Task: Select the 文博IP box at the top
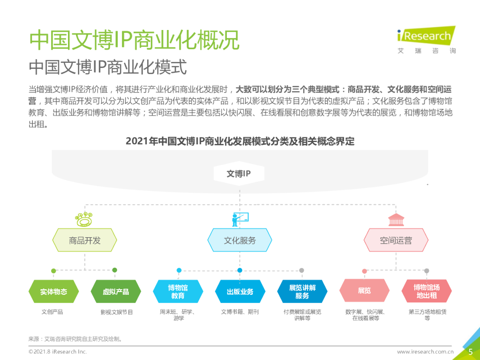coord(239,174)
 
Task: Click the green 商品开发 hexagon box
coord(85,241)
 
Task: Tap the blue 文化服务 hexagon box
coord(240,241)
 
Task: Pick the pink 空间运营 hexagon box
coord(396,241)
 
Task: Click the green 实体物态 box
coord(53,292)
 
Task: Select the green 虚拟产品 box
coord(116,292)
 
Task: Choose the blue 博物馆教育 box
coord(178,292)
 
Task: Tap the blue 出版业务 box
coord(240,292)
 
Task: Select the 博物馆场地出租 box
coord(427,292)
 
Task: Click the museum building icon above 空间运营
coord(396,219)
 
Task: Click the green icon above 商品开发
coord(85,219)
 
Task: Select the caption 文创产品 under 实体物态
coord(52,312)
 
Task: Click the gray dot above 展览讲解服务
coord(302,270)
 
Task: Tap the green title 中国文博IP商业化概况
coord(134,40)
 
